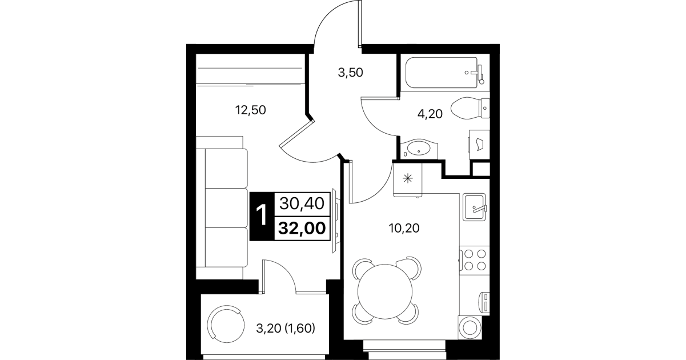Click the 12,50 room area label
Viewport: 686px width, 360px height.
click(x=251, y=110)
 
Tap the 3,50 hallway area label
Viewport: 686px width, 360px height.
click(x=350, y=73)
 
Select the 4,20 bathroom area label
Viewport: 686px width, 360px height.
click(x=430, y=114)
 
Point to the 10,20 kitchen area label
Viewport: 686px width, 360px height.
click(x=404, y=228)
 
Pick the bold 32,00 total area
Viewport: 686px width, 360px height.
click(x=302, y=228)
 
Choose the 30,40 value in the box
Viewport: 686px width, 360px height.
click(x=302, y=203)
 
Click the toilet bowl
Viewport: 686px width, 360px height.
click(x=470, y=108)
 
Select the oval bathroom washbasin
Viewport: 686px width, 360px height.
click(x=418, y=149)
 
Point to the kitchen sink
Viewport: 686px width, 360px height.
click(x=474, y=207)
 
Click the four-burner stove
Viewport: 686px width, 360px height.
click(x=475, y=260)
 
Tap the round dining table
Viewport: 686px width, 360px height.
click(x=385, y=291)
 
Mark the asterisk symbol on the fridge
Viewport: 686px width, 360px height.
click(x=408, y=178)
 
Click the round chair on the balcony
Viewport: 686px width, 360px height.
click(x=226, y=325)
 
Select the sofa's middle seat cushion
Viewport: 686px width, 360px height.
click(x=226, y=208)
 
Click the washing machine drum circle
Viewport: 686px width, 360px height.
click(x=470, y=328)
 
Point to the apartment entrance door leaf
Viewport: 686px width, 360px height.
click(x=360, y=23)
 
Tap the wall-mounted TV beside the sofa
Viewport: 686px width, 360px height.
click(x=336, y=221)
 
